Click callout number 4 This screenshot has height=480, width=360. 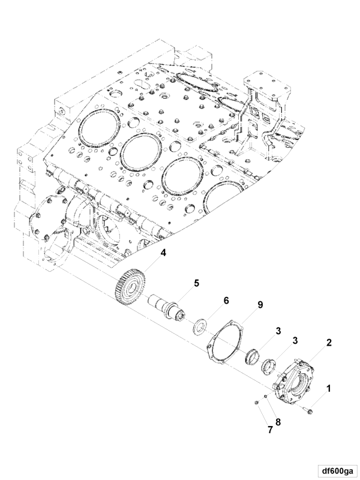tap(163, 253)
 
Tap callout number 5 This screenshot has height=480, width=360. tap(196, 282)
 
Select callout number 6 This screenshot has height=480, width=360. tap(227, 300)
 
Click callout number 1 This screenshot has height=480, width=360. tap(328, 389)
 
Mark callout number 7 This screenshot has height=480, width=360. tap(270, 430)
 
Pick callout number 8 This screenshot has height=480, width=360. tap(277, 421)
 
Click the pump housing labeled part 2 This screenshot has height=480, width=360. tap(295, 383)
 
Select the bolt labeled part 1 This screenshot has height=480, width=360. tap(308, 410)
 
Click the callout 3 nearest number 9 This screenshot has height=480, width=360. tap(279, 331)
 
